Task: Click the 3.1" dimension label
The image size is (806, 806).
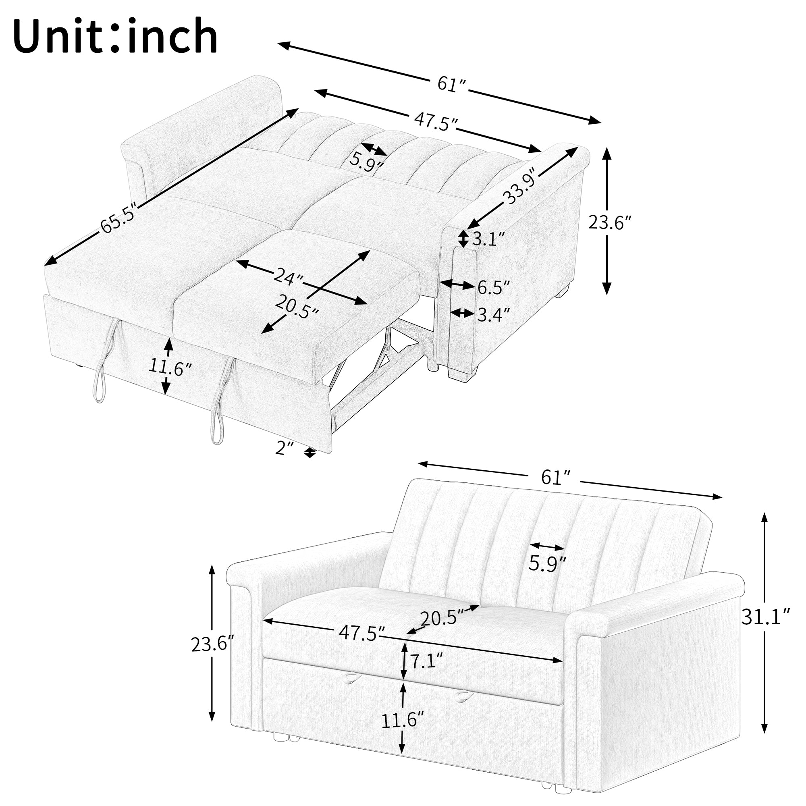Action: coord(488,239)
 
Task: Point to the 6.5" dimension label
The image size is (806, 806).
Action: coord(494,287)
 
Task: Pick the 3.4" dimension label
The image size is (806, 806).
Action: coord(494,315)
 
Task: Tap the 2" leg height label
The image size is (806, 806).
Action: coord(285,449)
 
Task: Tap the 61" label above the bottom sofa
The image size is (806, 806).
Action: coord(555,477)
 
